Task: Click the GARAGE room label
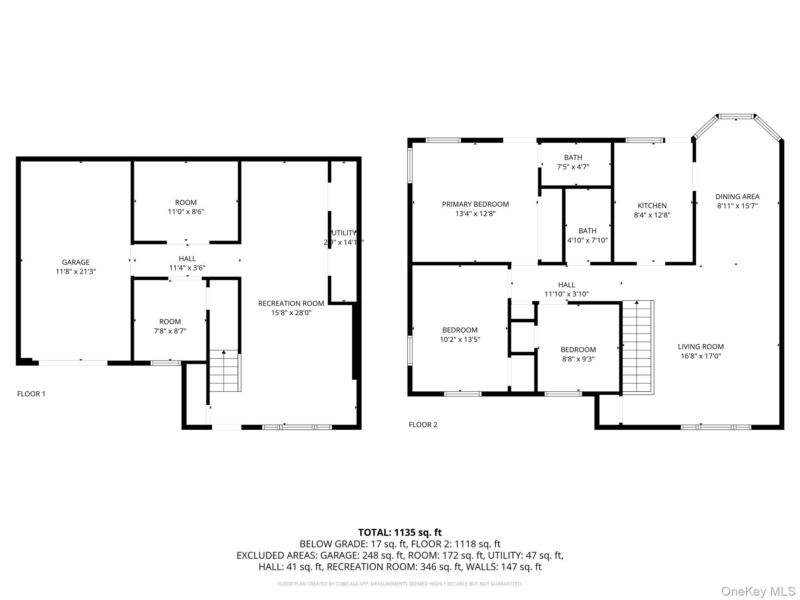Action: point(75,262)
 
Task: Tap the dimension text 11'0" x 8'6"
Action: point(186,212)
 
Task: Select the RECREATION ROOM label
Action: point(291,304)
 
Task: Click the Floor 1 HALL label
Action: point(187,259)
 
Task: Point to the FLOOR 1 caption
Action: point(31,394)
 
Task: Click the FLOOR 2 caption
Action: point(423,425)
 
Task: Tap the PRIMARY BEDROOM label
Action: point(475,204)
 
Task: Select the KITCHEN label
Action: point(652,205)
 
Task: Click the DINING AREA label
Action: point(737,197)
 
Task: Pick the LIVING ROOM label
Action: point(701,346)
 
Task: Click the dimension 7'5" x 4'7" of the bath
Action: point(573,167)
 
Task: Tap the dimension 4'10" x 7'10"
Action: point(587,240)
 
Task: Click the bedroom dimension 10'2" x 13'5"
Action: point(460,339)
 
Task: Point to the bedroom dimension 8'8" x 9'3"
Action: point(578,359)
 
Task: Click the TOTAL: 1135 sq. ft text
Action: point(400,532)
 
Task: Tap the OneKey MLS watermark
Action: point(758,591)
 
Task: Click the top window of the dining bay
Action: point(736,116)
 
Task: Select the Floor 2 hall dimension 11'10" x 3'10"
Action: point(566,294)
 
